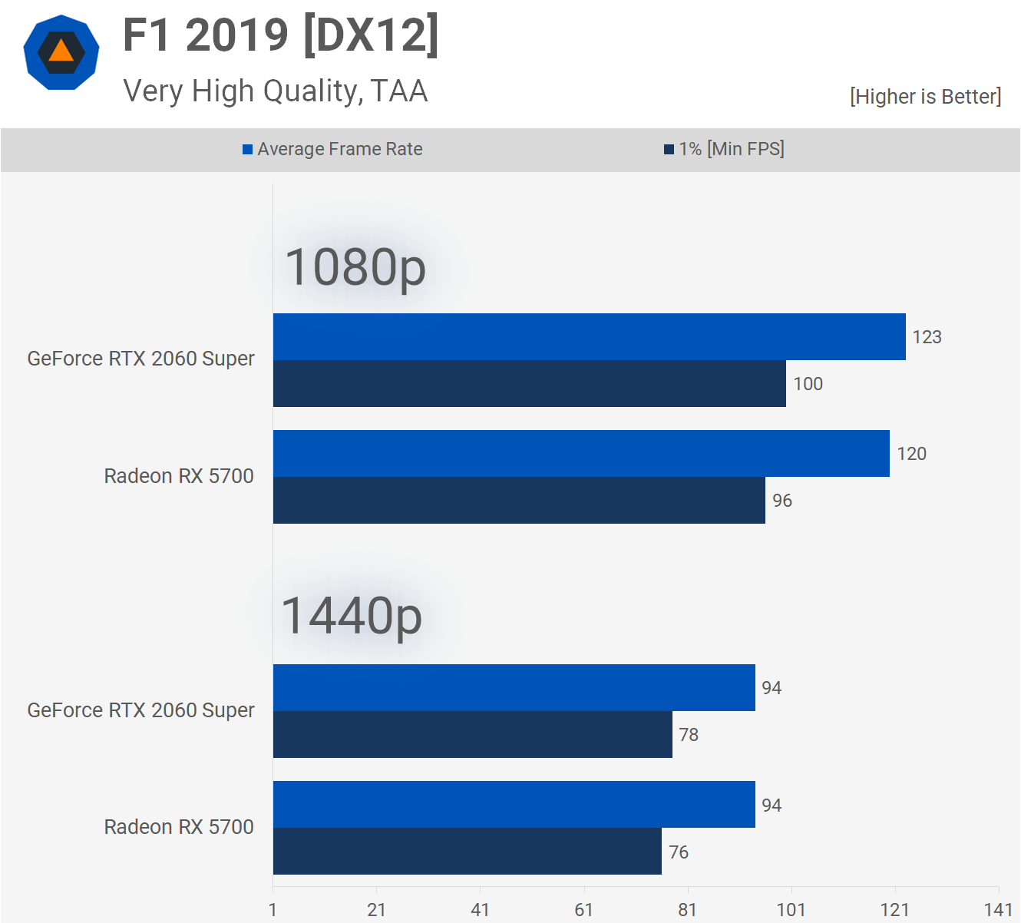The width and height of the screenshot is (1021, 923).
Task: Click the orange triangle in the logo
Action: pos(61,51)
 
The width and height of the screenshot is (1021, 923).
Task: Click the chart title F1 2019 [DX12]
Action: pos(281,35)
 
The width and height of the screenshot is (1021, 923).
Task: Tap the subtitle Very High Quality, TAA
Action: pos(275,91)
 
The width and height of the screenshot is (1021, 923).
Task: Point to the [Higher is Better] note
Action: pos(925,97)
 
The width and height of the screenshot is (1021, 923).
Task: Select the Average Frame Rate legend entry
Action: pos(332,149)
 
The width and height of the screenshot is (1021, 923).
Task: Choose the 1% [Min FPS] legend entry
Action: pos(724,149)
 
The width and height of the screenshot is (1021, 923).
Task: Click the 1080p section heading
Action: pos(355,267)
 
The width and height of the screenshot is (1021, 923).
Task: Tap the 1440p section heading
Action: pos(352,616)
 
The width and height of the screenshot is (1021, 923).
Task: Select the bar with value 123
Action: pos(589,336)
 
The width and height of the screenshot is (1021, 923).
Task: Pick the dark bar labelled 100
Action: pos(529,384)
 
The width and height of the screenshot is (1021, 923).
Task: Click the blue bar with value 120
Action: pos(581,453)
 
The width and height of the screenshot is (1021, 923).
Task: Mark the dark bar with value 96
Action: pos(519,501)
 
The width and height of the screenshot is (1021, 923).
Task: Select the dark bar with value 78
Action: pos(472,735)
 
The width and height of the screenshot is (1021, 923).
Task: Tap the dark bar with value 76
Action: pos(467,852)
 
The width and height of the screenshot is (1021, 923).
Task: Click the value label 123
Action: pos(927,337)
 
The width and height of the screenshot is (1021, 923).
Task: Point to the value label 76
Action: pos(679,852)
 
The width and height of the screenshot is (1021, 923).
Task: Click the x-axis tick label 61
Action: pos(583,910)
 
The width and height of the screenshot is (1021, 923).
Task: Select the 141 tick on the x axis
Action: pos(998,910)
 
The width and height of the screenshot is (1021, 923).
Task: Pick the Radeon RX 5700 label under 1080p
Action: pos(179,476)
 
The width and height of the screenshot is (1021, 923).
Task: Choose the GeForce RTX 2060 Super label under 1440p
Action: pos(140,710)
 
